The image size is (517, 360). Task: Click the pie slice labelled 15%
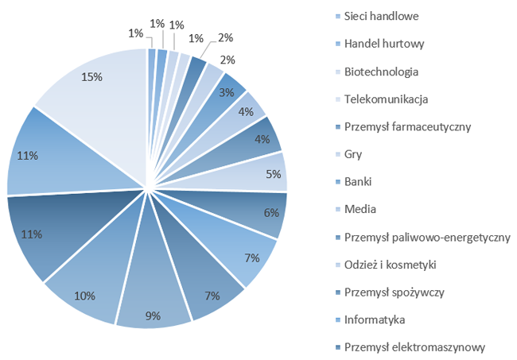click(91, 87)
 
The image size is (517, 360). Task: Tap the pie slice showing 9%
click(153, 306)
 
